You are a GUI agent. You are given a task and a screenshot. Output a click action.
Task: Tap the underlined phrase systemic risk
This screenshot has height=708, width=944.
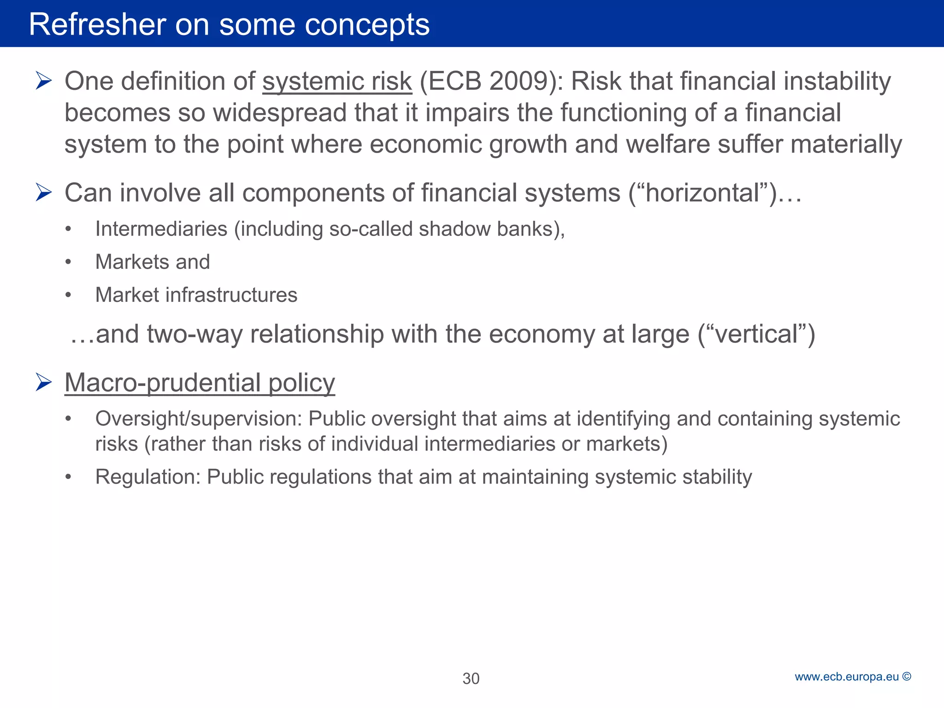[x=337, y=82]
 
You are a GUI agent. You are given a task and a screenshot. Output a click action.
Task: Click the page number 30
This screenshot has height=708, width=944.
[x=471, y=678]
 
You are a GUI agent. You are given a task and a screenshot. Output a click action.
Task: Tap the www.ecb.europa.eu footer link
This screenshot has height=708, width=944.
[x=847, y=677]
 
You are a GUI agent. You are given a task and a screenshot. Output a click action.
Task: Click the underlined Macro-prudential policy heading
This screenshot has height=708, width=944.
[x=200, y=383]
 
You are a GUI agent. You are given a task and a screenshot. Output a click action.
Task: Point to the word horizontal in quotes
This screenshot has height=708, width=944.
[x=703, y=193]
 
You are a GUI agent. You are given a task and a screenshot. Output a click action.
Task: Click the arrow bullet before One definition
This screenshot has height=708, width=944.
[x=43, y=81]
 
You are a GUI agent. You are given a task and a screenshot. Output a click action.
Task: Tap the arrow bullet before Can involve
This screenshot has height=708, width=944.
[x=43, y=193]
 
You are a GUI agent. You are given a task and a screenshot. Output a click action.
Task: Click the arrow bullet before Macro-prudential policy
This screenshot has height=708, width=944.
[x=43, y=383]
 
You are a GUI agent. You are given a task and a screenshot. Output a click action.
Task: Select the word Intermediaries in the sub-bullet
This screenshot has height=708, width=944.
[x=161, y=229]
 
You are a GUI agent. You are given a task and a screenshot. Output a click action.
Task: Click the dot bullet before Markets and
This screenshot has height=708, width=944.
[x=68, y=262]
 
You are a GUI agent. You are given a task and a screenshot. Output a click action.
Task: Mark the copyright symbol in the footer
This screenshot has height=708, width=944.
[x=907, y=677]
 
